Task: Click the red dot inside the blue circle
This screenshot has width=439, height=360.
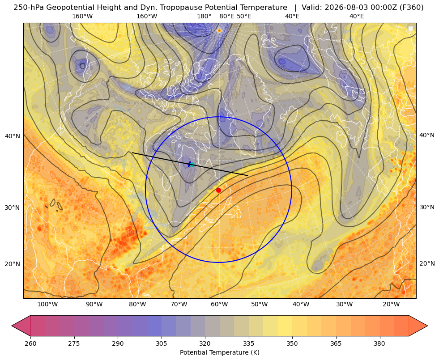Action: point(218,190)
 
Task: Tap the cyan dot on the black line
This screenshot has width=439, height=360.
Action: point(192,165)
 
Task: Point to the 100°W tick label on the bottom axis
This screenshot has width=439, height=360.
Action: point(47,305)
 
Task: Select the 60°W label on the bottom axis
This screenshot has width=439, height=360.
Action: point(219,305)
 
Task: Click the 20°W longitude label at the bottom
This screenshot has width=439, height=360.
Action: point(391,305)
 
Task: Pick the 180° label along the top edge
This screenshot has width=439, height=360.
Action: point(204,16)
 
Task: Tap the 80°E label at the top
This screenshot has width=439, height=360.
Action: point(226,16)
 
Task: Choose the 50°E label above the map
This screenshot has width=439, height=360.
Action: point(244,16)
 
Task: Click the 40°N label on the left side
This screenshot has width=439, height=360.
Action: point(13,136)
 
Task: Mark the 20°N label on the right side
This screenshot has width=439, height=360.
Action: point(427,263)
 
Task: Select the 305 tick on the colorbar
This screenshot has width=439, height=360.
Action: point(161,343)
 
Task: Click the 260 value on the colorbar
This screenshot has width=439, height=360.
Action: point(30,343)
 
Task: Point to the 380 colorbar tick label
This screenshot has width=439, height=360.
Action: point(379,343)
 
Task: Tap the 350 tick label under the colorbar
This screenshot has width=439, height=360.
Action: point(292,343)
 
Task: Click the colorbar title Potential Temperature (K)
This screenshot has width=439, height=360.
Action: point(219,352)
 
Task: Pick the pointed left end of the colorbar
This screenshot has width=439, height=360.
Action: point(12,326)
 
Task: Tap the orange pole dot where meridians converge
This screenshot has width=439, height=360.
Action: point(219,30)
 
